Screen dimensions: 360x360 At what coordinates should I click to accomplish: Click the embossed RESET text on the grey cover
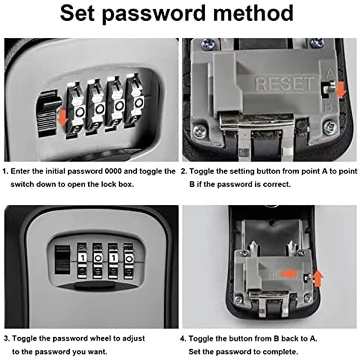pyautogui.click(x=284, y=84)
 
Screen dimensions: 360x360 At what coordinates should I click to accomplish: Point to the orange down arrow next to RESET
pyautogui.click(x=341, y=90)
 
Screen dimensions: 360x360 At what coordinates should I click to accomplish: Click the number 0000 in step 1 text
pyautogui.click(x=111, y=171)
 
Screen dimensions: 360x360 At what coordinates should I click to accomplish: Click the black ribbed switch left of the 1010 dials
pyautogui.click(x=63, y=260)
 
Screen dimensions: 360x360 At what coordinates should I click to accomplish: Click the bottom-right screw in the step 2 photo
pyautogui.click(x=331, y=127)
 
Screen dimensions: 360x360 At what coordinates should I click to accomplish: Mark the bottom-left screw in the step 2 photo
pyautogui.click(x=198, y=131)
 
